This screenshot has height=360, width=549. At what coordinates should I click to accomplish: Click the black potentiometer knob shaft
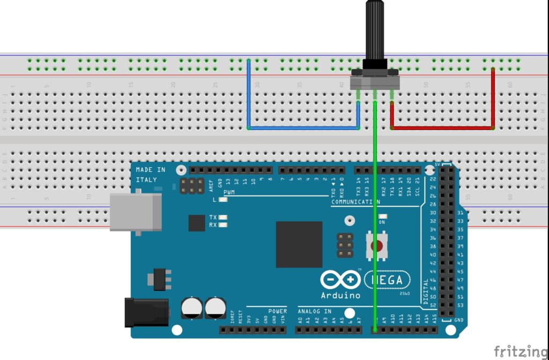point(375,32)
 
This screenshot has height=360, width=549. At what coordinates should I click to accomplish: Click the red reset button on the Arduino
point(378,246)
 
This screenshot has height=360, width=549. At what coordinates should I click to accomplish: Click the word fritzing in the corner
point(521,351)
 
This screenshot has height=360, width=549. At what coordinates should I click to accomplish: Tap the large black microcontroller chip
point(299,244)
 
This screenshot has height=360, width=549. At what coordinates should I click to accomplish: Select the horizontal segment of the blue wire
point(303,128)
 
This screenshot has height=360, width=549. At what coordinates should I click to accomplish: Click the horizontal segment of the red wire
point(442,128)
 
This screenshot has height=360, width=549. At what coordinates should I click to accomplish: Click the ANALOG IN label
point(315,311)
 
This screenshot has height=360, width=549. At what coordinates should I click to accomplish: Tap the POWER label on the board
point(278,311)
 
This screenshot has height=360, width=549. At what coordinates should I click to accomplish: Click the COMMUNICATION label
point(355,202)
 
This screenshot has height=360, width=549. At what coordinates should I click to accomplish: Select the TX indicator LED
point(223,217)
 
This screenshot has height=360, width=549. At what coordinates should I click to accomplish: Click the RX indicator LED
point(223,225)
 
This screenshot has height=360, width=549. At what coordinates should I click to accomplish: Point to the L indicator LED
point(223,200)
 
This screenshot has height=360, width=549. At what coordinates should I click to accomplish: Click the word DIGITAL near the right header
point(427,291)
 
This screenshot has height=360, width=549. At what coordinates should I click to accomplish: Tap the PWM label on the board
point(229,191)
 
